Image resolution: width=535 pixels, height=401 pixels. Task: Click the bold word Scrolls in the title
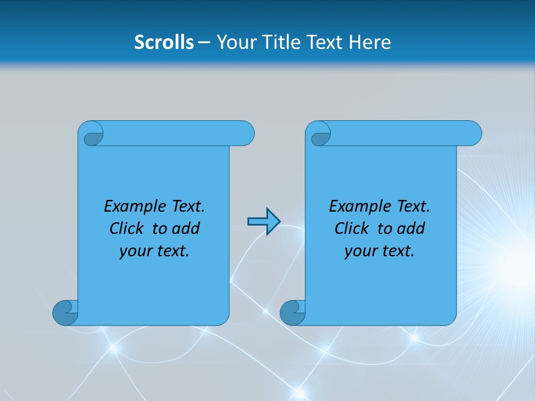click(164, 42)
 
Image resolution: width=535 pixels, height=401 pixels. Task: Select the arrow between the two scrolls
click(264, 222)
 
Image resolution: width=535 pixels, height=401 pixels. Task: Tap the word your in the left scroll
click(134, 251)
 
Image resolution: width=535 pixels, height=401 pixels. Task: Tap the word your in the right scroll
click(359, 251)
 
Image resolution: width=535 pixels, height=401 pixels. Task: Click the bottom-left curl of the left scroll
click(66, 312)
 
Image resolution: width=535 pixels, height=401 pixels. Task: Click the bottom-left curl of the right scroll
click(293, 312)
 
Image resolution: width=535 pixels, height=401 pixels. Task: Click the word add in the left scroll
click(186, 228)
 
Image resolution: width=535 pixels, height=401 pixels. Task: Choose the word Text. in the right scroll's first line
click(413, 207)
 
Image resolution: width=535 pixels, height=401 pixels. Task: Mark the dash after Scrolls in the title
click(204, 42)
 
